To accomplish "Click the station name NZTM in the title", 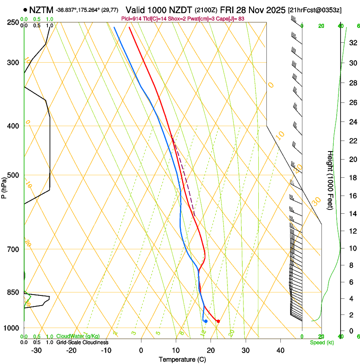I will tap(41, 9).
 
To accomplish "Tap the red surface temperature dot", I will tap(218, 321).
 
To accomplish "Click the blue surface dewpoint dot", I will tap(206, 321).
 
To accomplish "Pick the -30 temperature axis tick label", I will tap(36, 350).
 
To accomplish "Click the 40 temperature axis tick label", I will tap(280, 350).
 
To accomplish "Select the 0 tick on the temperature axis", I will tap(141, 350).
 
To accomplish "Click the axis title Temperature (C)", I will tap(182, 359).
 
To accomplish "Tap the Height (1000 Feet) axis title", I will tap(330, 180).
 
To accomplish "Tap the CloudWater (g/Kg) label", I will tap(78, 336).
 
